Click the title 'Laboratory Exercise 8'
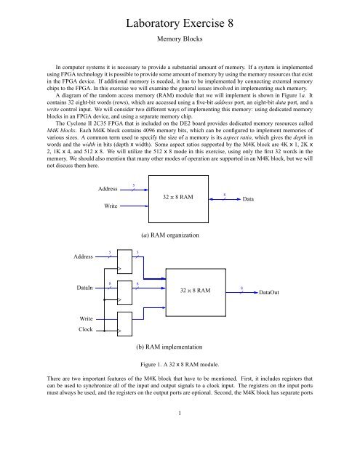(179, 23)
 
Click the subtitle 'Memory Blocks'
(179, 43)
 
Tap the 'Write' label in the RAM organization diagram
(111, 206)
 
